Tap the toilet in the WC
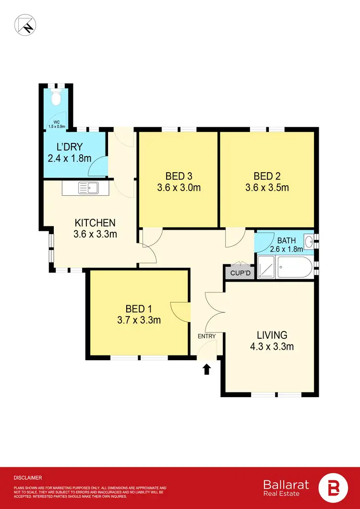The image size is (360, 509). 56,98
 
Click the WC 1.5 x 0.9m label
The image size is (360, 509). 56,124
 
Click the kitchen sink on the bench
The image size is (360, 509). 87,188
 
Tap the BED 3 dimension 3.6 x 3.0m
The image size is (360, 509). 179,188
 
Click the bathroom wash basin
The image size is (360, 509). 308,240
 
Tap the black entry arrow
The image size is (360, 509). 207,368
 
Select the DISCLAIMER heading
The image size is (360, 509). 28,478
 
